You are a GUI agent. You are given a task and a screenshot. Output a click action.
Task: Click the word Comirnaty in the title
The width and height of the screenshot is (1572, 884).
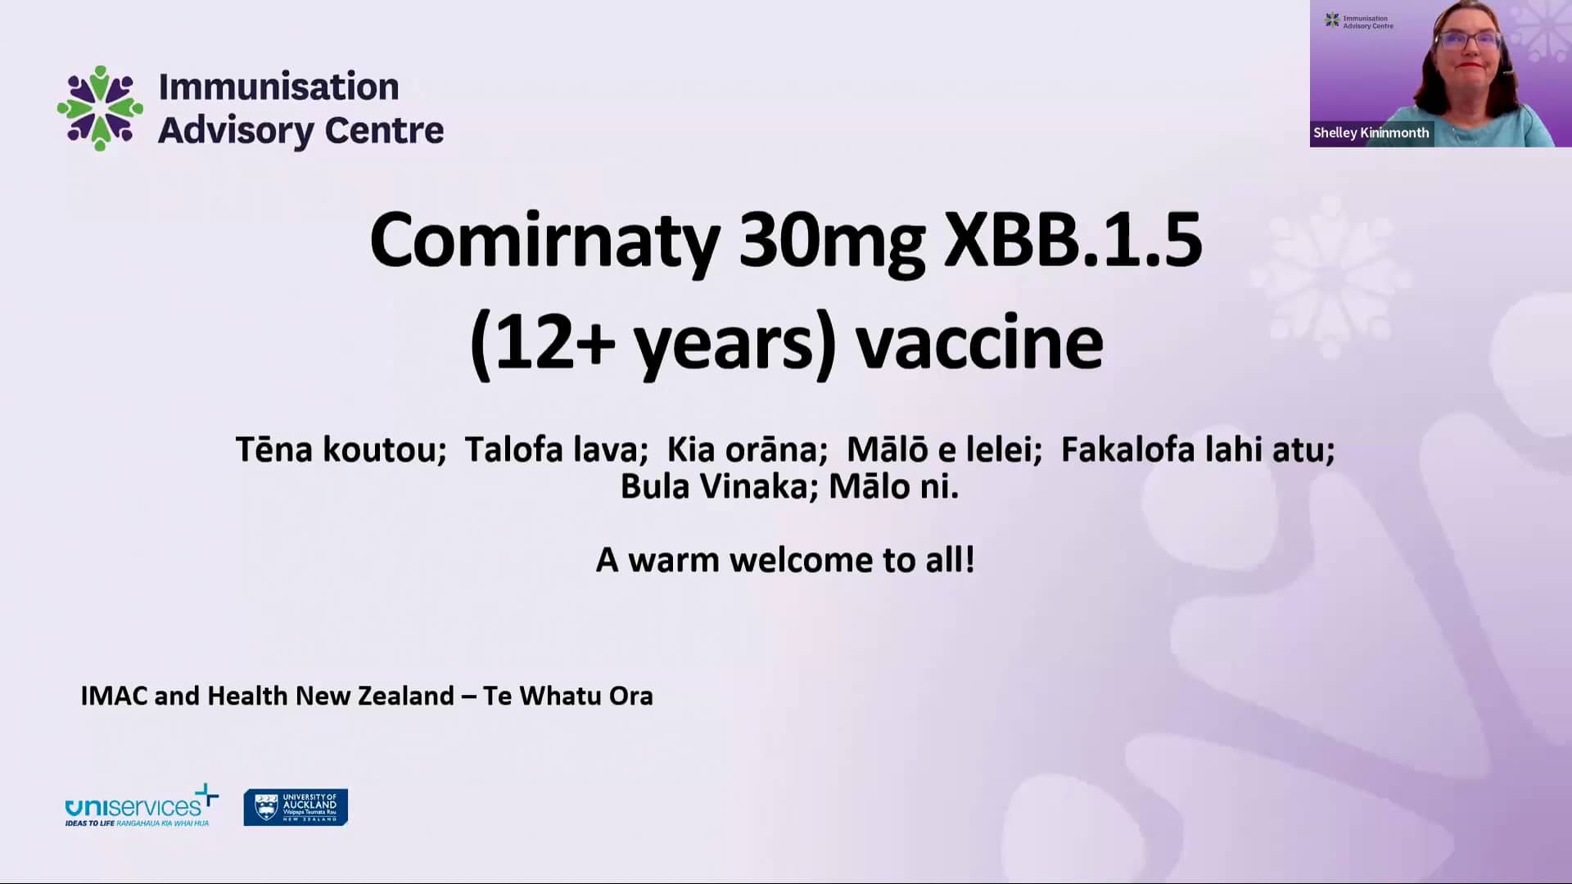pyautogui.click(x=544, y=241)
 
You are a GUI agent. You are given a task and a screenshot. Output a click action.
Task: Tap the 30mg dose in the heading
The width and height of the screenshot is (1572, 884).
pyautogui.click(x=831, y=241)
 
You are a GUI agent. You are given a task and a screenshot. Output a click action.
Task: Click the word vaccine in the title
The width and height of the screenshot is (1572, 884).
pyautogui.click(x=979, y=344)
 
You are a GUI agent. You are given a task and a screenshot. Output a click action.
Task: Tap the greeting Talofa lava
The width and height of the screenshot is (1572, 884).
pyautogui.click(x=556, y=450)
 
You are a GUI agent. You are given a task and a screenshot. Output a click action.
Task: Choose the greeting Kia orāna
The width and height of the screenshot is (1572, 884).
pyautogui.click(x=747, y=450)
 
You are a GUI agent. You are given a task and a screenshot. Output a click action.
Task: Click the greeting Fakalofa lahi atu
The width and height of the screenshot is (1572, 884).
pyautogui.click(x=1197, y=450)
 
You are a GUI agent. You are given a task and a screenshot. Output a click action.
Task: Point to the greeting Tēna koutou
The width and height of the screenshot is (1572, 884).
pyautogui.click(x=341, y=450)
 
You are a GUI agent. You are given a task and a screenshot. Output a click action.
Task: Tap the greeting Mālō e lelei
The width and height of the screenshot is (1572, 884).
pyautogui.click(x=944, y=450)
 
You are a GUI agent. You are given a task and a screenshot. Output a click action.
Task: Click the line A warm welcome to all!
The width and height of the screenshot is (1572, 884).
pyautogui.click(x=785, y=561)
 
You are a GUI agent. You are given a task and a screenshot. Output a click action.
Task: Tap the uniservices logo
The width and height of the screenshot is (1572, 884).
pyautogui.click(x=141, y=807)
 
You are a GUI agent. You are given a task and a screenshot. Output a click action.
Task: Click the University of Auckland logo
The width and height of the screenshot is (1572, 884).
pyautogui.click(x=296, y=807)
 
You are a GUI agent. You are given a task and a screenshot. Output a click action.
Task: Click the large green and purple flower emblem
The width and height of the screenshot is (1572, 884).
pyautogui.click(x=100, y=108)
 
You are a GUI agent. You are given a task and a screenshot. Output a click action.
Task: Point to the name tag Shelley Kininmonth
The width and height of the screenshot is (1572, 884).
pyautogui.click(x=1371, y=133)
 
